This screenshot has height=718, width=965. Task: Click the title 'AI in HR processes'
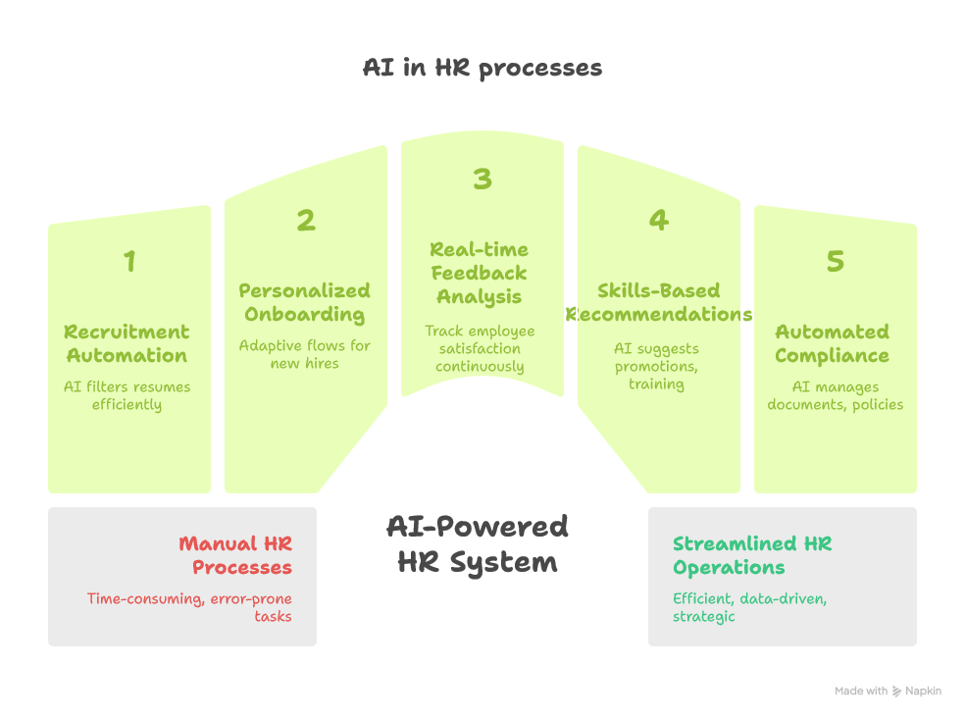click(482, 68)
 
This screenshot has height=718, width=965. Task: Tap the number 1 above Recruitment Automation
click(129, 261)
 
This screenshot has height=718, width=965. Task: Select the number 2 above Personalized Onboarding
click(306, 220)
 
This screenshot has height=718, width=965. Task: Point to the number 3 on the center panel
click(482, 179)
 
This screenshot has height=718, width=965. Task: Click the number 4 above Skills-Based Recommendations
click(658, 220)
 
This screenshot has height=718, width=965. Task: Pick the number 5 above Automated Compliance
click(836, 261)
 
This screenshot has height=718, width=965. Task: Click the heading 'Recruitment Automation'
click(127, 343)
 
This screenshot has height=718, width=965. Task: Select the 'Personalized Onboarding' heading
click(305, 302)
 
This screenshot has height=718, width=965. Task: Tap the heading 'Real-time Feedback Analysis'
click(479, 273)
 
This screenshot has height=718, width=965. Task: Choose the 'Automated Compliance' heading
click(832, 343)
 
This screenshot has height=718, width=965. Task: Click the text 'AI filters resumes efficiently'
click(127, 395)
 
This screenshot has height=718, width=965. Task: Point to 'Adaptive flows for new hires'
click(305, 354)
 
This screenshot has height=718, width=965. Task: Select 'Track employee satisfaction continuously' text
click(480, 348)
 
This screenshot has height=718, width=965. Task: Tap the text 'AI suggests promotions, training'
click(656, 366)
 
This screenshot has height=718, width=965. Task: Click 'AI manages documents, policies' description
click(836, 395)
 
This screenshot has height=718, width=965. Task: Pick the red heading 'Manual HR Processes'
click(235, 555)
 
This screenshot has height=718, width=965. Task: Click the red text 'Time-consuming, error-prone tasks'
click(189, 607)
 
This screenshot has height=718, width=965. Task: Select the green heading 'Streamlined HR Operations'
click(752, 555)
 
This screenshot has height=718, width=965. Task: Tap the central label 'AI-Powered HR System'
click(478, 544)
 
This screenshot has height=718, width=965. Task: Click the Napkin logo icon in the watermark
click(896, 692)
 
